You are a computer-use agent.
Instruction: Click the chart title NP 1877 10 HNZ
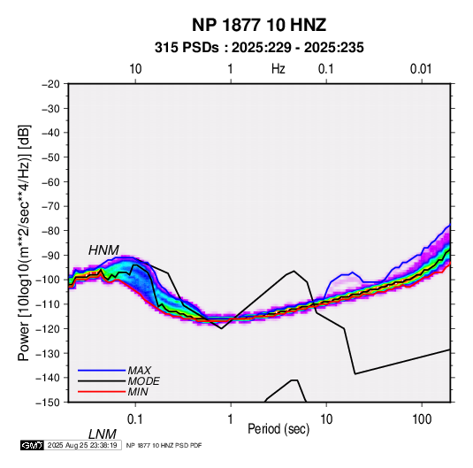click(259, 25)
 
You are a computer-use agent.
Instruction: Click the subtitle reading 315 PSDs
click(187, 48)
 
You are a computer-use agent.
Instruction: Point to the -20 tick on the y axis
click(50, 84)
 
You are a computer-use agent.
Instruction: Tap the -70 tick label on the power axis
click(50, 206)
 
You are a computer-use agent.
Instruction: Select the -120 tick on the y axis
click(49, 329)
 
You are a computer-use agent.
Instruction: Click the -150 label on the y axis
click(49, 403)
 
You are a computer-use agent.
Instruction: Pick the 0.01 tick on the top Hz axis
click(421, 69)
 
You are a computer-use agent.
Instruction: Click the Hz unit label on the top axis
click(278, 69)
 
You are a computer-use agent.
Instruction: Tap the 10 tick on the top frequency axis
click(135, 69)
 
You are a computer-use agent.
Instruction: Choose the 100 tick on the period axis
click(422, 419)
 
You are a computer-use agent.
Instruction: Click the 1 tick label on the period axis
click(231, 419)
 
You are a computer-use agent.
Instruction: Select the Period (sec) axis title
click(278, 429)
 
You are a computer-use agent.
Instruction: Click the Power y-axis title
click(24, 243)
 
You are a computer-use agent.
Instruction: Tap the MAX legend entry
click(139, 371)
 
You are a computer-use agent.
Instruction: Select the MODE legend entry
click(143, 381)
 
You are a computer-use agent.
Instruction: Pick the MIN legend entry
click(138, 392)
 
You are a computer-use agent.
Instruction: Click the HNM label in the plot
click(103, 250)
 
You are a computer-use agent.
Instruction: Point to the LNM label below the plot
click(102, 434)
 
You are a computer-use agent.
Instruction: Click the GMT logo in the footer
click(33, 445)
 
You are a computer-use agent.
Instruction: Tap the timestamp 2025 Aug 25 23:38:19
click(82, 445)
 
